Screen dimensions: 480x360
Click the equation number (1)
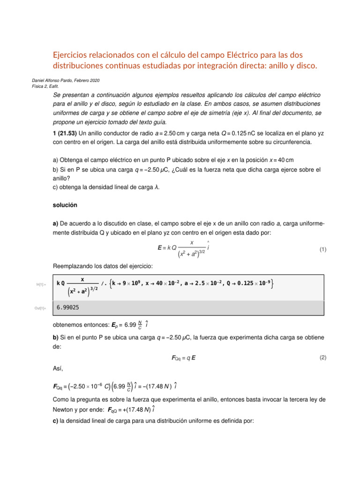323,250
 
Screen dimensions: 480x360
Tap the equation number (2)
323,358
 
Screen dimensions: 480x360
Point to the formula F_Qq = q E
184,358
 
